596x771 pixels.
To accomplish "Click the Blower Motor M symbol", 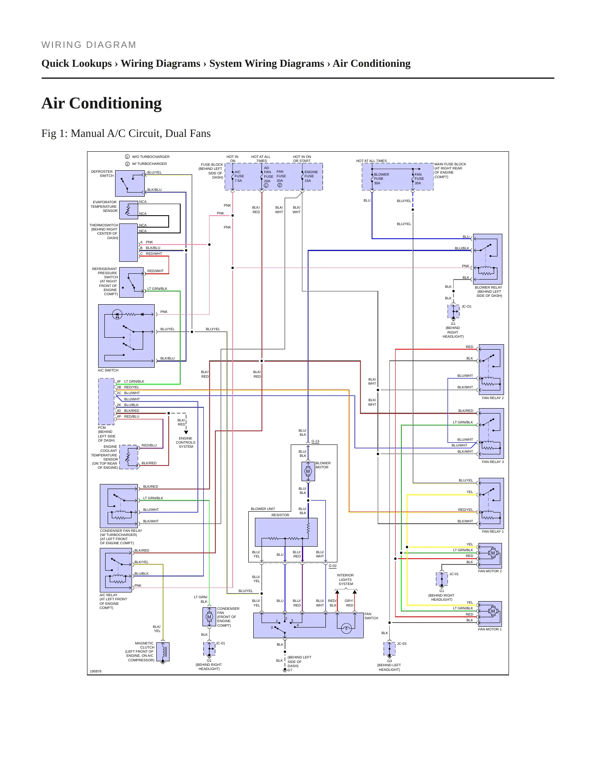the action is (x=308, y=471).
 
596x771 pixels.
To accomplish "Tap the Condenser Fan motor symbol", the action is (x=209, y=617).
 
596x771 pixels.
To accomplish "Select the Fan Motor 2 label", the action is (x=490, y=571).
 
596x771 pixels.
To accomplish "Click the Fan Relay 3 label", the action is (x=492, y=462).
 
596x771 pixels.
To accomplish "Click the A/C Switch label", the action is (x=108, y=370).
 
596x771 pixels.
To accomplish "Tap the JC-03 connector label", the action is (x=402, y=644).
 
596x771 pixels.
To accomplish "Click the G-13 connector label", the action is (x=316, y=441).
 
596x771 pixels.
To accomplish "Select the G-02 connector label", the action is (x=332, y=566).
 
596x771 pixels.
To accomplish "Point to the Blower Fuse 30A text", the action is (x=381, y=179).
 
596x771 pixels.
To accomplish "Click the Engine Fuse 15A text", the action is (x=311, y=176).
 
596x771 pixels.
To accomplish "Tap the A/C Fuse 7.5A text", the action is (x=239, y=176).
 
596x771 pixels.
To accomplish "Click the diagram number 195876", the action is (x=96, y=671).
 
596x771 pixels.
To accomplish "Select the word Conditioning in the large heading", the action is (x=115, y=103).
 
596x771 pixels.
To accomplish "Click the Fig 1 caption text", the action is (x=126, y=133).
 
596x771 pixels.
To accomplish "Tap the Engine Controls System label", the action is (x=186, y=442).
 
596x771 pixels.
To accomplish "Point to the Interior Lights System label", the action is (x=346, y=579).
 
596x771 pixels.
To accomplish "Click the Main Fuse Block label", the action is (x=450, y=170).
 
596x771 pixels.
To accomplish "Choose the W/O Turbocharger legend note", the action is (x=147, y=157).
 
